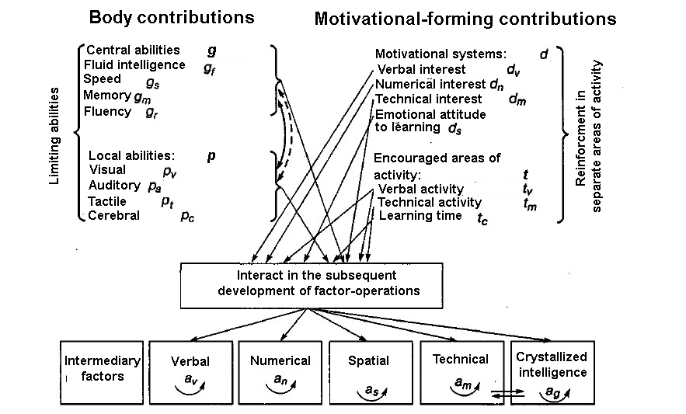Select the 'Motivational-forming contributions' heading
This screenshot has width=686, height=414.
coord(465,19)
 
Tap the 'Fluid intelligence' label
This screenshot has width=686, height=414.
coord(134,64)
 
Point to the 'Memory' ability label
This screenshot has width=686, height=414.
coord(106,96)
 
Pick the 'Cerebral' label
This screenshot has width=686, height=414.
coord(113,215)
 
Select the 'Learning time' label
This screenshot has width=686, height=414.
coord(420,216)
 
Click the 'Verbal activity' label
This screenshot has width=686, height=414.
coord(420,189)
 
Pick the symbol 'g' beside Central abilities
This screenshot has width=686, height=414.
coord(211,50)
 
